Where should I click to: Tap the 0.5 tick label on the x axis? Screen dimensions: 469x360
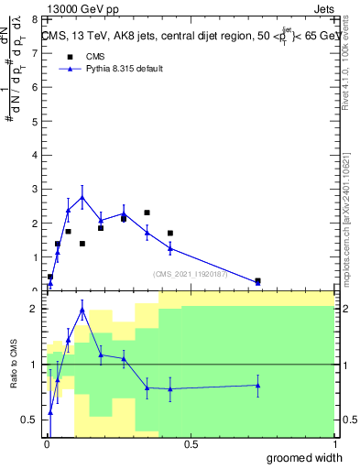191,444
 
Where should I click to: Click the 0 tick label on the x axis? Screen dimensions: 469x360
46,444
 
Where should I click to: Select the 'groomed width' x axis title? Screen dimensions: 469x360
306,457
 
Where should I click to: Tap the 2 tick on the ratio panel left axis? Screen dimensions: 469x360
34,309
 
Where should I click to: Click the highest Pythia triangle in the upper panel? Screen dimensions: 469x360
82,197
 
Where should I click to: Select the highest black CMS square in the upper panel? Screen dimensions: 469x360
147,213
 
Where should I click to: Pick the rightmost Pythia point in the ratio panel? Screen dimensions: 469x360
257,385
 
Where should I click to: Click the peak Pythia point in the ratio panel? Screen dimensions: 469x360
82,310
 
